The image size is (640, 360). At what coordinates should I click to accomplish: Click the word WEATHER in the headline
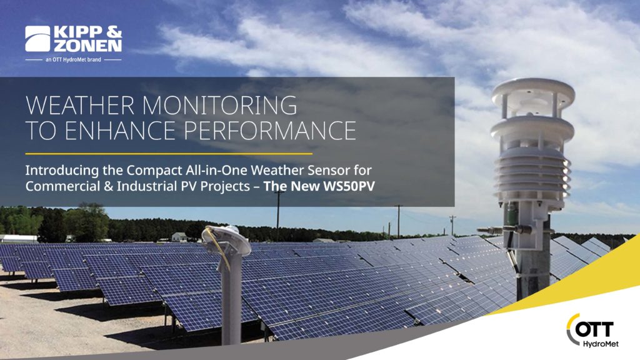tap(79, 105)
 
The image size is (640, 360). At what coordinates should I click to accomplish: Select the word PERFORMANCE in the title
tap(269, 131)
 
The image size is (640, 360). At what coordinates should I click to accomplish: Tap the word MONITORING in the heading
tap(219, 105)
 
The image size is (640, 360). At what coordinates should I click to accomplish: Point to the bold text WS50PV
tap(349, 186)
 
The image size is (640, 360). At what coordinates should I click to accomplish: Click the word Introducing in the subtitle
tap(62, 170)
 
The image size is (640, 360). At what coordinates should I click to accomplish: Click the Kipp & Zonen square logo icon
tap(37, 39)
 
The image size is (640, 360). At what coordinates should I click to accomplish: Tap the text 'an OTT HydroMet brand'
tap(74, 59)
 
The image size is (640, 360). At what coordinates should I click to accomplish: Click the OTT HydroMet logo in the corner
tap(592, 331)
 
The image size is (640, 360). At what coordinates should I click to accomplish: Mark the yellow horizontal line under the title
tap(169, 154)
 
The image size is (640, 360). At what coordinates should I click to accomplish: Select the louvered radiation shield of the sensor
tap(532, 174)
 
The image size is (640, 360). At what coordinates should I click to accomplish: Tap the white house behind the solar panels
tap(179, 236)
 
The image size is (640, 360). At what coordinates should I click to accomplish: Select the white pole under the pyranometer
tap(231, 302)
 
